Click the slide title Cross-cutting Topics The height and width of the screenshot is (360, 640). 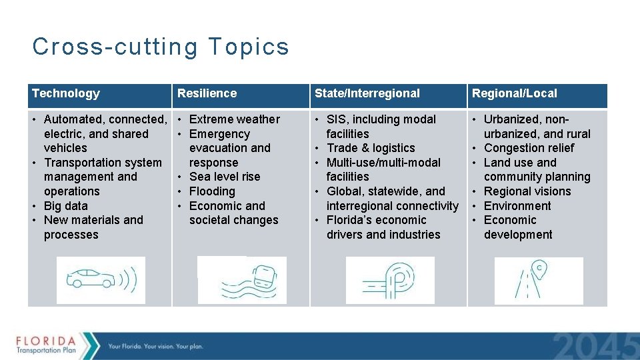(x=161, y=47)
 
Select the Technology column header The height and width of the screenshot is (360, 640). (x=65, y=93)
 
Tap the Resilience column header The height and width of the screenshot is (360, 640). (x=207, y=93)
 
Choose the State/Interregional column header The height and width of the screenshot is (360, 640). (x=367, y=93)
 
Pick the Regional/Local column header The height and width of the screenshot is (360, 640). (x=514, y=93)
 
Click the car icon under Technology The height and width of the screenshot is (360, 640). (x=101, y=279)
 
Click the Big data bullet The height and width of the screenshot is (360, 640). (x=65, y=206)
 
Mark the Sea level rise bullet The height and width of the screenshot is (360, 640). (x=225, y=177)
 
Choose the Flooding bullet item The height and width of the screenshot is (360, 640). (x=212, y=191)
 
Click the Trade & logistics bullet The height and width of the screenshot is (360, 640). (x=371, y=148)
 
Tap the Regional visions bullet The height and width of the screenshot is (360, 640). (x=527, y=191)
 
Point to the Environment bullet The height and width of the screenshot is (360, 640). (x=517, y=206)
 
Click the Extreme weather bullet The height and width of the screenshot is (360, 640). (x=235, y=119)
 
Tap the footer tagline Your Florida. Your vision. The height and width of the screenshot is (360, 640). (x=155, y=346)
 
